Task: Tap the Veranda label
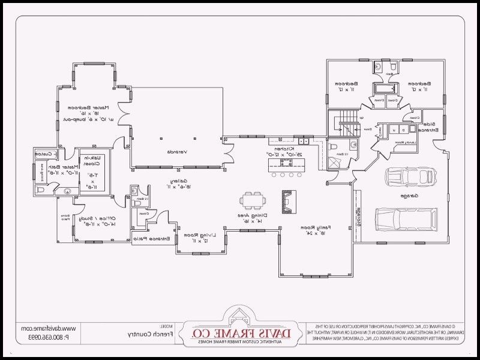[x=176, y=151]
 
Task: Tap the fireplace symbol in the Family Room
[x=289, y=202]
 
